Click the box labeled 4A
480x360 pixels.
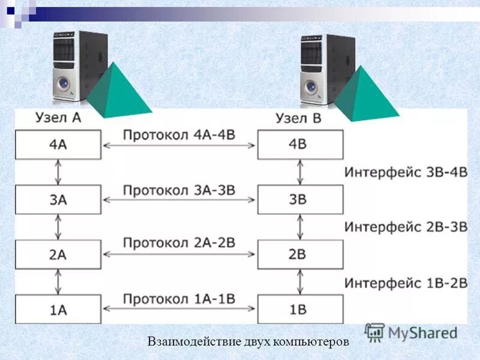[58, 145]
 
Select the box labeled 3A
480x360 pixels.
[58, 200]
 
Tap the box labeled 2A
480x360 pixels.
[58, 254]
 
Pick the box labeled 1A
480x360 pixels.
[58, 310]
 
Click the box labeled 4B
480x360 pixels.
[301, 145]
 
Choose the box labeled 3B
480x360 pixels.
[301, 200]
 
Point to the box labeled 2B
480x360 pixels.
[301, 254]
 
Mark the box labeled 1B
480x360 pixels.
[301, 310]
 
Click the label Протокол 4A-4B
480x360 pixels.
[179, 134]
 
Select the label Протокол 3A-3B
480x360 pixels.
[179, 190]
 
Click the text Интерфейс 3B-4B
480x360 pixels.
[406, 172]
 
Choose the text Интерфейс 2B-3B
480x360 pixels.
[406, 227]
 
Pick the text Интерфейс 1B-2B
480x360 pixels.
[406, 282]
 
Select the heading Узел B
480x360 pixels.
[298, 118]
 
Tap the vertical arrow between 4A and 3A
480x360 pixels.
[58, 172]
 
